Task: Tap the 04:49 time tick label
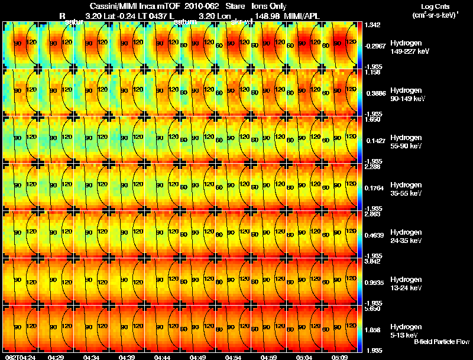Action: click(198, 357)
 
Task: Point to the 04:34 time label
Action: click(92, 357)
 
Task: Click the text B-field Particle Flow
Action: click(441, 342)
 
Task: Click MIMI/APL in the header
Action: click(303, 15)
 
